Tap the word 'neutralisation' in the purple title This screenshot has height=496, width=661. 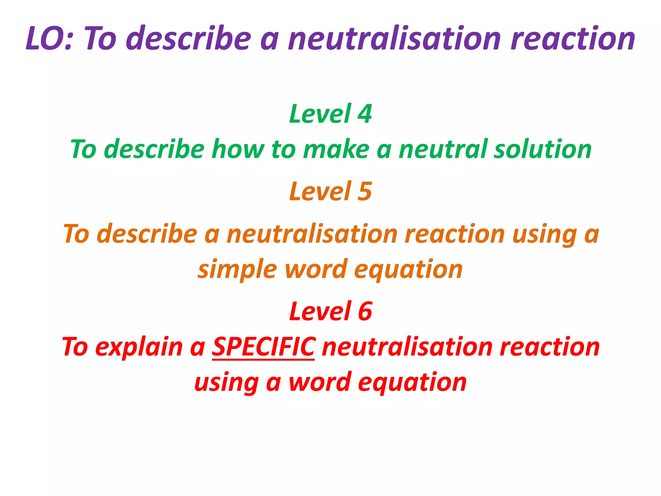(394, 38)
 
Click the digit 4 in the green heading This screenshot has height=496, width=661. (365, 114)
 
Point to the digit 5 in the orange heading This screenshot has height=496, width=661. (365, 191)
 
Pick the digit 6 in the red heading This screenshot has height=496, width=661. (365, 311)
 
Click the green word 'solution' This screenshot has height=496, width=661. (543, 149)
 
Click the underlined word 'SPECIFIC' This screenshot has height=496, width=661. (263, 346)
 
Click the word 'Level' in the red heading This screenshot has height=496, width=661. (320, 311)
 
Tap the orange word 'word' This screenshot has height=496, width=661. (316, 269)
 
